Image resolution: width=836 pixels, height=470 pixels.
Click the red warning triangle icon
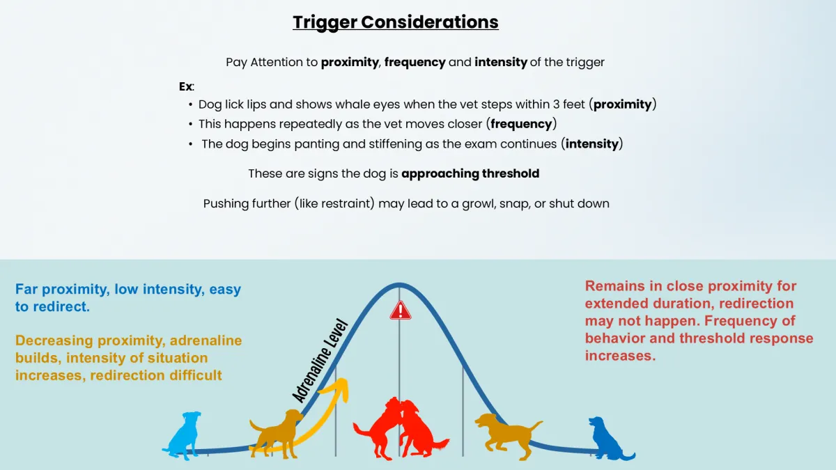pyautogui.click(x=400, y=310)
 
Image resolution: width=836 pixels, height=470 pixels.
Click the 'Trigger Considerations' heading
pyautogui.click(x=395, y=22)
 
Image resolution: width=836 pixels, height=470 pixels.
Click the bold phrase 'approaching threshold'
pyautogui.click(x=470, y=173)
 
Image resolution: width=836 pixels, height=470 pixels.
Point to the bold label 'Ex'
pyautogui.click(x=185, y=87)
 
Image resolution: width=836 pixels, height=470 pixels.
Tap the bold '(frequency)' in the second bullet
pyautogui.click(x=522, y=124)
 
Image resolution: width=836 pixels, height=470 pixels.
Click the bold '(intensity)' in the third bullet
pyautogui.click(x=592, y=144)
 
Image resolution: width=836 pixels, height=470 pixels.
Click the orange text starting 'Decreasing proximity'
pyautogui.click(x=129, y=358)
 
